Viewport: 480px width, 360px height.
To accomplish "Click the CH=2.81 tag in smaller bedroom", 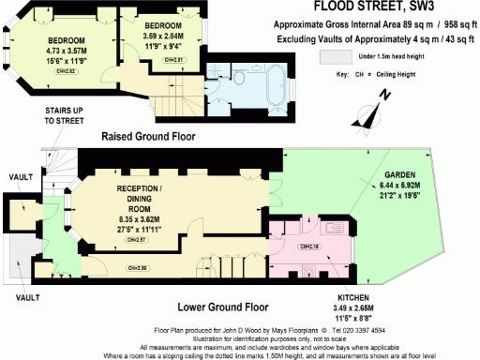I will (174, 59).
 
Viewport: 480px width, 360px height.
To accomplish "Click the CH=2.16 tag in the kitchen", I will (308, 247).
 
